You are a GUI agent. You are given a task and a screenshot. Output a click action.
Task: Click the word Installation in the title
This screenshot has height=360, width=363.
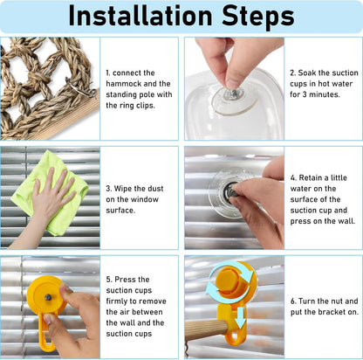coord(140,16)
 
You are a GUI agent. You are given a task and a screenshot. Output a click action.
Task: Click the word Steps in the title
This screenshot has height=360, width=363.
coord(258,17)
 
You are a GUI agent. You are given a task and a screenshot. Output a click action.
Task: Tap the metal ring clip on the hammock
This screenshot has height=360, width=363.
coord(81,88)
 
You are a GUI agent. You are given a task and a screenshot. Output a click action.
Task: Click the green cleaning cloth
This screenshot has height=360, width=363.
coord(50,192)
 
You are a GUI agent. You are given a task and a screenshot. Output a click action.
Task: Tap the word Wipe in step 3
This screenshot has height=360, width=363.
coord(123,189)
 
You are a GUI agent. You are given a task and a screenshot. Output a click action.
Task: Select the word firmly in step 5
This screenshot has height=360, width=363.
coord(117,301)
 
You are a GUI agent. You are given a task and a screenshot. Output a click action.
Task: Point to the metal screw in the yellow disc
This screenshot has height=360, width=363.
coord(48,297)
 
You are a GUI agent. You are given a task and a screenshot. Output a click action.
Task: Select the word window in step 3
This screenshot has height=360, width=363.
coord(144,199)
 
